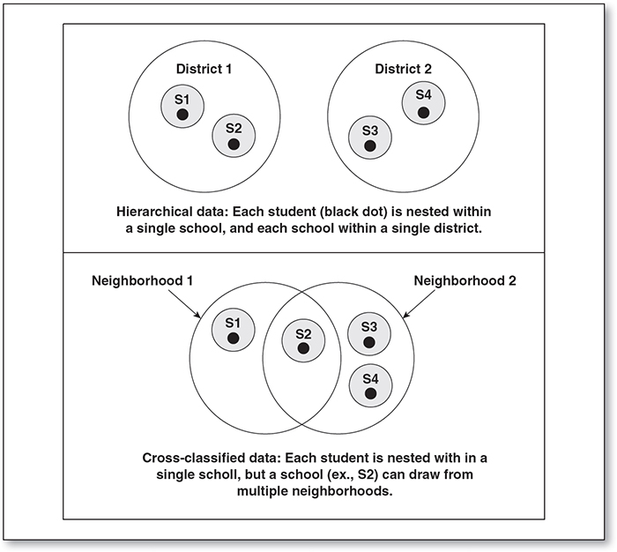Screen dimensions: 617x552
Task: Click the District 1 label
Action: pyautogui.click(x=204, y=69)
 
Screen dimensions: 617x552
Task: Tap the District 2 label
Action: pyautogui.click(x=403, y=69)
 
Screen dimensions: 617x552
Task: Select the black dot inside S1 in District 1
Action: pyautogui.click(x=182, y=115)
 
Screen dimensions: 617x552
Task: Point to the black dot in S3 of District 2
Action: pyautogui.click(x=370, y=145)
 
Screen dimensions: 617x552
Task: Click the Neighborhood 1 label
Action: pyautogui.click(x=142, y=280)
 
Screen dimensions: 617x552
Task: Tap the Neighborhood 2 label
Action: pyautogui.click(x=465, y=280)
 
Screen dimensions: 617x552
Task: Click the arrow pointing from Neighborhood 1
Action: pyautogui.click(x=184, y=303)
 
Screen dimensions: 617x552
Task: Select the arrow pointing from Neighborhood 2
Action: pyautogui.click(x=420, y=303)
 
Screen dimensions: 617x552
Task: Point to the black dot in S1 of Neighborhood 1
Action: pyautogui.click(x=233, y=339)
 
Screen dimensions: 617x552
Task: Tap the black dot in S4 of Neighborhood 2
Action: pyautogui.click(x=370, y=393)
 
